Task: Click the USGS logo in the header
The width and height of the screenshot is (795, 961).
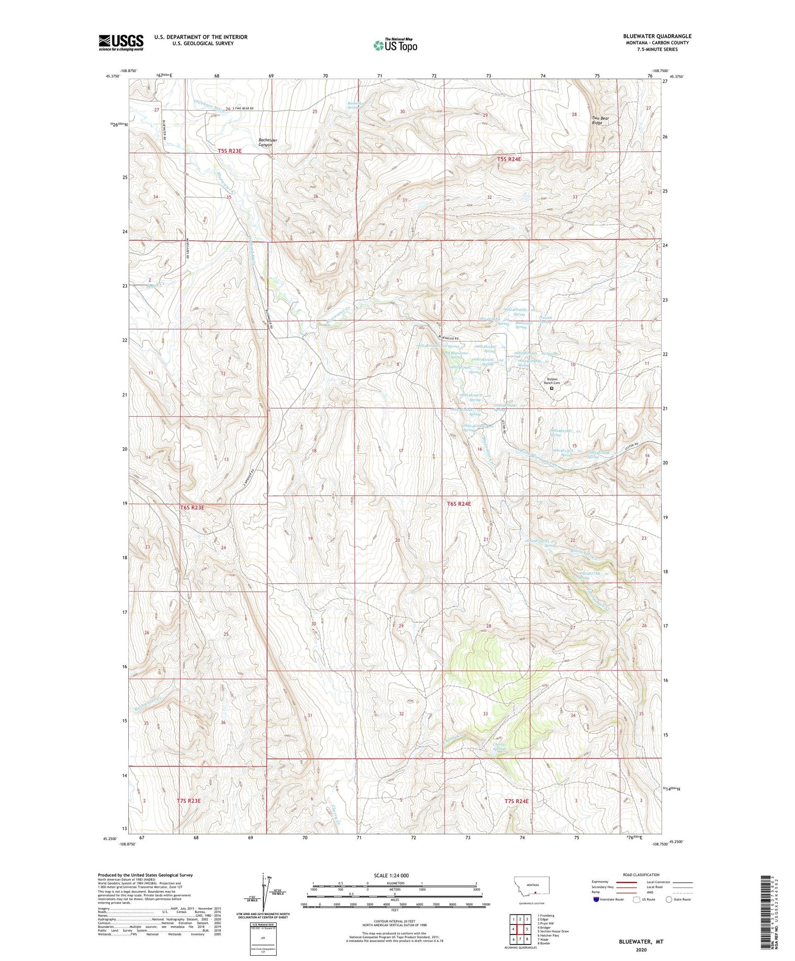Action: tap(121, 42)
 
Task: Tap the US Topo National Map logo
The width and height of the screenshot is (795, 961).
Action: tap(395, 45)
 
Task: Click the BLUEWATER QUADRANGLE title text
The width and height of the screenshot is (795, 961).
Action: tap(657, 36)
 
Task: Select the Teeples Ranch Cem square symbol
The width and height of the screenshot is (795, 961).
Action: tap(551, 388)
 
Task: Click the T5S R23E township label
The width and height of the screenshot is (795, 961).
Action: tap(229, 151)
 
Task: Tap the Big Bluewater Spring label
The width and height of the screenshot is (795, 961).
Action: tap(456, 355)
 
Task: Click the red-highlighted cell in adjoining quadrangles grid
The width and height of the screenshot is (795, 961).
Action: tap(527, 929)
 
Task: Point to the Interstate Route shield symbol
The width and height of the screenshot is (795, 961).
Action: tap(596, 900)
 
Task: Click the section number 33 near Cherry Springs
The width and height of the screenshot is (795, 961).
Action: tap(485, 713)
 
